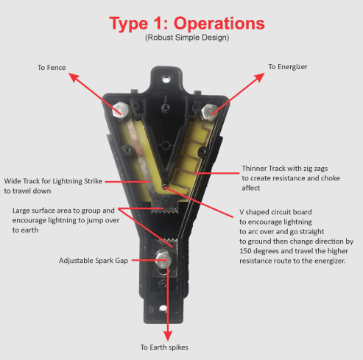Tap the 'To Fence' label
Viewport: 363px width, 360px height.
tap(52, 68)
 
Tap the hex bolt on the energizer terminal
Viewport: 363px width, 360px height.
tap(208, 110)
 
